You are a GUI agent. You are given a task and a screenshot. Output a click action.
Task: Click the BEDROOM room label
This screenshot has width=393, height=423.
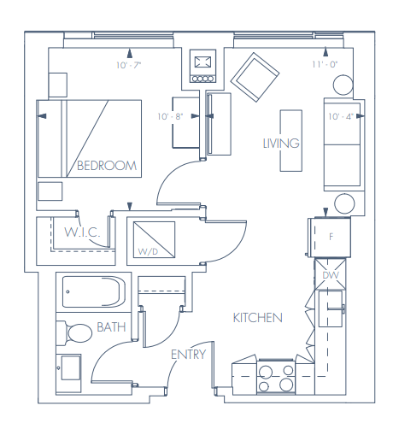[x=106, y=166]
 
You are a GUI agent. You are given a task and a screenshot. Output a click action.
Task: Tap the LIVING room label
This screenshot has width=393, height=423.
[x=281, y=143]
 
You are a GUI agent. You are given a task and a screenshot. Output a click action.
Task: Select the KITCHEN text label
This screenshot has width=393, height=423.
[x=257, y=318]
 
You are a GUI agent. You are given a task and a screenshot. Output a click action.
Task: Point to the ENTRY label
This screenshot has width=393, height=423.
[x=188, y=355]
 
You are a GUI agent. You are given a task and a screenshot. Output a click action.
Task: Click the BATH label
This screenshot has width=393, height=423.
[x=111, y=327]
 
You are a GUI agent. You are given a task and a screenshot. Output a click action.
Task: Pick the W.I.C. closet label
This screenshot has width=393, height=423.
[x=83, y=232]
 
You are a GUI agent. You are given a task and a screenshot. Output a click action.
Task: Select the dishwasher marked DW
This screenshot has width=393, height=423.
[x=331, y=275]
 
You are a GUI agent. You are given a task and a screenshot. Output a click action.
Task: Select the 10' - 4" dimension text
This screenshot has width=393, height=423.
[x=343, y=115]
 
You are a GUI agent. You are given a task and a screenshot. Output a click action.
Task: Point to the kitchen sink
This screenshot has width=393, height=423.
[x=331, y=306]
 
